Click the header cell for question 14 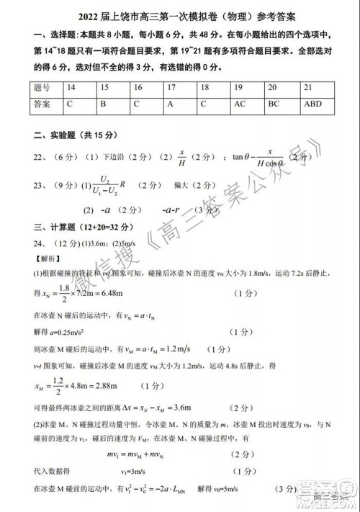pyautogui.click(x=71, y=87)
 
